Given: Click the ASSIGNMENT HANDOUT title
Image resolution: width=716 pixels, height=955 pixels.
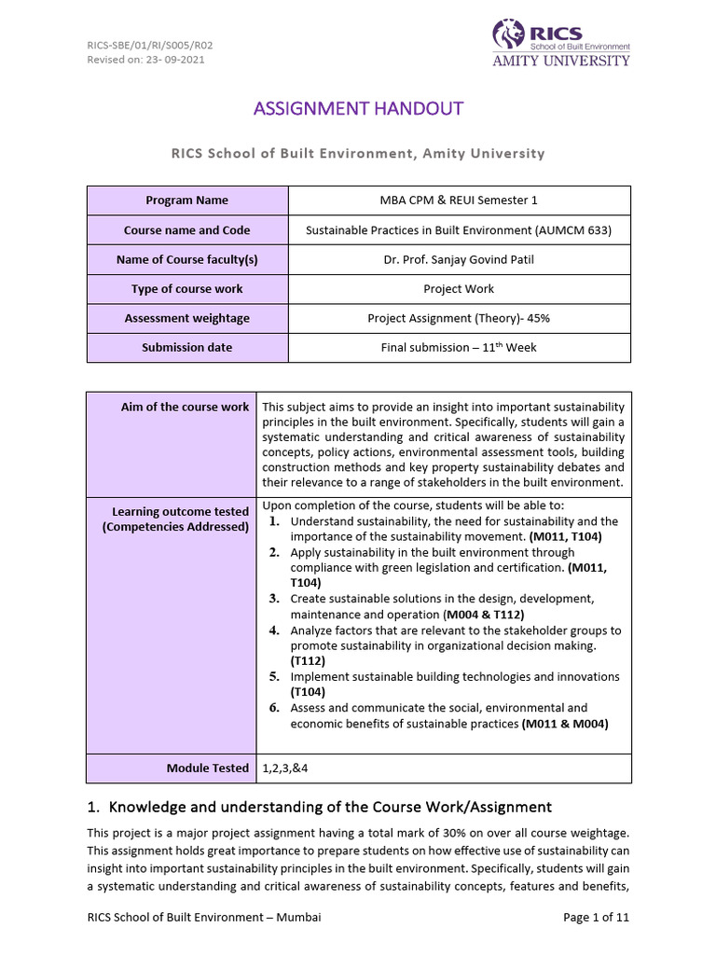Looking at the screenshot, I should coord(358,108).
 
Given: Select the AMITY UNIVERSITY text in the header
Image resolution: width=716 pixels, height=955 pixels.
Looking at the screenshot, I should coord(561,61).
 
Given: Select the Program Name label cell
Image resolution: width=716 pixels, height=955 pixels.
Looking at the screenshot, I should coord(187,201).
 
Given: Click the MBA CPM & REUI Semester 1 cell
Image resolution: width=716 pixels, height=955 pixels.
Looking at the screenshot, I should coord(459,201).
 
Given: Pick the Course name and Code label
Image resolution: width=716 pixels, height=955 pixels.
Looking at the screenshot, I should coord(187,230).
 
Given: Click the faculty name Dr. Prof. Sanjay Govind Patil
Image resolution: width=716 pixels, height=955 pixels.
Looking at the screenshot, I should coord(459,259).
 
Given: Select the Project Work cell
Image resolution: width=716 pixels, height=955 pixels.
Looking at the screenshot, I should coord(459,289).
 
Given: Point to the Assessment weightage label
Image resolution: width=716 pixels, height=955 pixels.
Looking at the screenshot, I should coord(187,318).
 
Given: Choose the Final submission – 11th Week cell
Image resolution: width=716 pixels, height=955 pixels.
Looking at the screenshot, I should coord(459,347).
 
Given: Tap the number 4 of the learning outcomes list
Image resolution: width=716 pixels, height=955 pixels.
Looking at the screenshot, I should coord(275,630).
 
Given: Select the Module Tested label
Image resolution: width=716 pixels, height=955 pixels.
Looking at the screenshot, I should coord(208,768).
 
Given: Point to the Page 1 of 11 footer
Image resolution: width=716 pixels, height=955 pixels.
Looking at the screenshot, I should coord(597,918).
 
